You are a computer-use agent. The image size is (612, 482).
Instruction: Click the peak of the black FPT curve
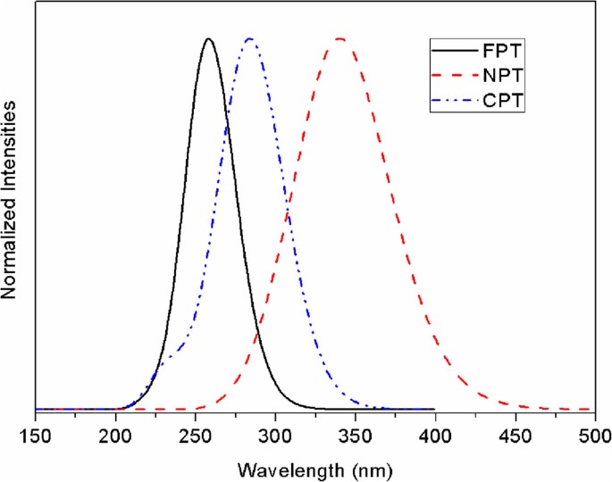[209, 39]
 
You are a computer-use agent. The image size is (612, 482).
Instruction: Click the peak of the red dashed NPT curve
[340, 39]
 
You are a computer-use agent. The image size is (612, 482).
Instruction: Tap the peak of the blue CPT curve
[249, 39]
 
